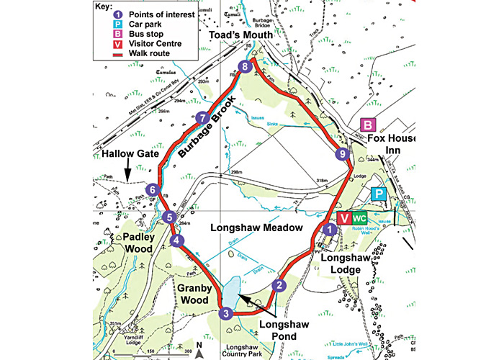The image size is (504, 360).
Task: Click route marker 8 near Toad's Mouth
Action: tap(246, 67)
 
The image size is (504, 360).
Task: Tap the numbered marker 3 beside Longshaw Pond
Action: tap(225, 313)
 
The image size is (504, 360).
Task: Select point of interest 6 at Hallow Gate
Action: tap(151, 190)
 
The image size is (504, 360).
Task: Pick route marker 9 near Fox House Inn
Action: tap(343, 153)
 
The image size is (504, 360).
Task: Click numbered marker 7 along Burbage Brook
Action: tap(203, 118)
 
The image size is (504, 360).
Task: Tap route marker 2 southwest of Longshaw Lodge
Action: tap(278, 284)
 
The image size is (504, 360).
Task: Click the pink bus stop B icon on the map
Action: tap(368, 125)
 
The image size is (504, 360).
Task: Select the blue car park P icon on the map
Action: tap(377, 194)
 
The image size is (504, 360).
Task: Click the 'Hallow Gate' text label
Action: tap(121, 154)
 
